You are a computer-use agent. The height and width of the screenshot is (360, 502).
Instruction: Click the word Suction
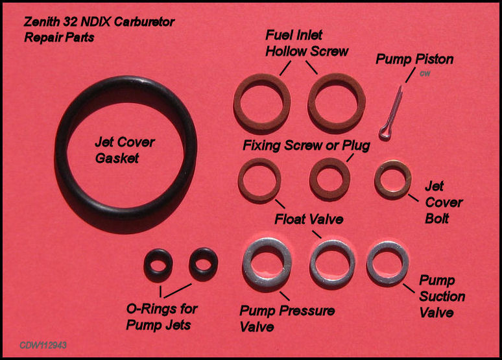[x=442, y=296]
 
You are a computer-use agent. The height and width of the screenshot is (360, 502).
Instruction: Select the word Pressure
[x=307, y=310]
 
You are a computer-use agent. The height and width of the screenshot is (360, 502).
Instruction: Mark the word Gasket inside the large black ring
[x=117, y=158]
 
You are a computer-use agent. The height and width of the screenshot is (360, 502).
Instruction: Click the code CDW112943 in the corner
[x=43, y=345]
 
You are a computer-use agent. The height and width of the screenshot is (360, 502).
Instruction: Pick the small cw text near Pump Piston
[x=425, y=73]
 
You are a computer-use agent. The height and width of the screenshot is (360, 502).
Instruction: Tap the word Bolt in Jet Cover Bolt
[x=436, y=219]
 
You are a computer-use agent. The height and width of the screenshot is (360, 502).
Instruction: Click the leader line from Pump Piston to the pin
[x=411, y=75]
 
